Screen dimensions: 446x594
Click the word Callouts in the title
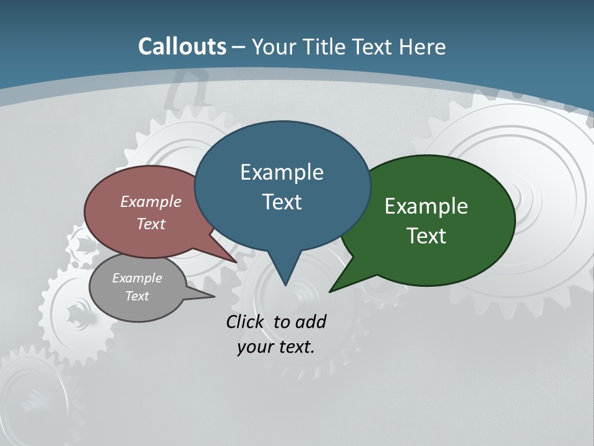coord(182,46)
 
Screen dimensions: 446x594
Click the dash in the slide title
coord(239,47)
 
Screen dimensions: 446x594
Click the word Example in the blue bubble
coord(282,172)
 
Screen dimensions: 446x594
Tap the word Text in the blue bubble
coord(282,202)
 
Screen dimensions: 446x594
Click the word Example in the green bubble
coord(426,206)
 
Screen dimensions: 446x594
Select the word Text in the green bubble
coord(426,236)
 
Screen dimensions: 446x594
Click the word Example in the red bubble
coord(150,202)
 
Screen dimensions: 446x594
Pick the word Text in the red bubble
coord(150,224)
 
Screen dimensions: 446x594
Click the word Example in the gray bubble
coord(137,278)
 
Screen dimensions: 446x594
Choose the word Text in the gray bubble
coord(137,296)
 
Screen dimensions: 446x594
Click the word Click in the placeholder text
coord(246,321)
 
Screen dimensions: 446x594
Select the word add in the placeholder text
coord(310,321)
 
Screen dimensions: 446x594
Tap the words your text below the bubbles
coord(276,347)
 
